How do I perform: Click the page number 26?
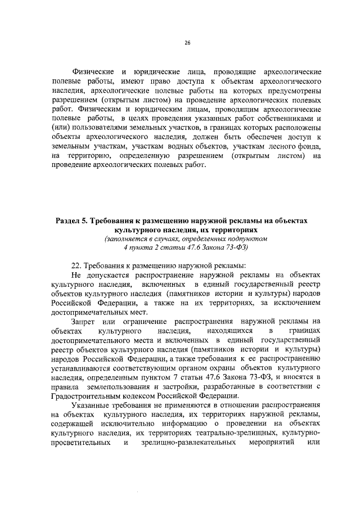tap(187, 42)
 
